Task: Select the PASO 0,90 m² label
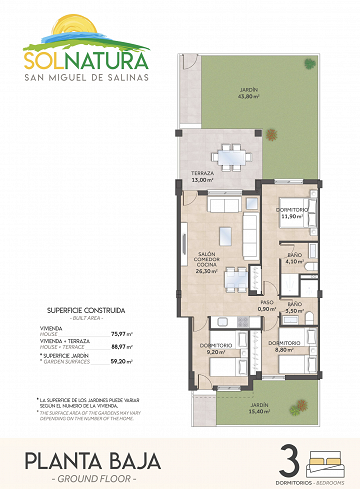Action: click(x=267, y=305)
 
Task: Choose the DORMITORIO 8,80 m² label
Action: click(x=286, y=346)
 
